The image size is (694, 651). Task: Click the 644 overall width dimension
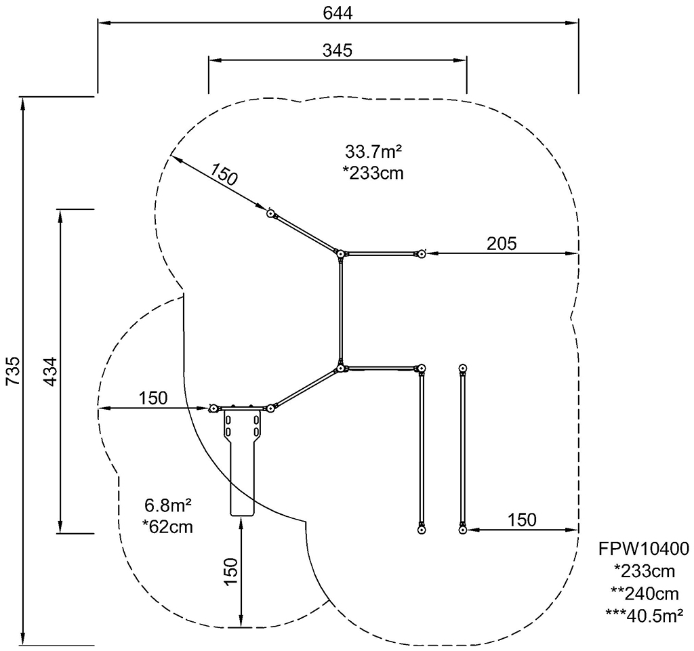coord(338,13)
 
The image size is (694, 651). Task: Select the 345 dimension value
coord(338,50)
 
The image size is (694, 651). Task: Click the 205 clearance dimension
coord(502,243)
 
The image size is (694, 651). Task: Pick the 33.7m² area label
coord(373,152)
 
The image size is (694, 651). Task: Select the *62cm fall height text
coord(168,527)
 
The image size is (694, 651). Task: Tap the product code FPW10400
coord(644,549)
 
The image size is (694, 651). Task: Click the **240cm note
coord(645,593)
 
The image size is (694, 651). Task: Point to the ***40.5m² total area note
coord(644,615)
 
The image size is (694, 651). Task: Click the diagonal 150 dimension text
coord(224,174)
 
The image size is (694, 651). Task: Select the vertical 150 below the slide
coord(230,572)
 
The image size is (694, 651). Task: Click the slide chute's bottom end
coord(242,515)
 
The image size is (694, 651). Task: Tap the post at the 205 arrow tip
coord(422,254)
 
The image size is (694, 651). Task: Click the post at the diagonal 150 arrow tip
coord(270,213)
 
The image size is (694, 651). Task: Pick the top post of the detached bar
coord(463,368)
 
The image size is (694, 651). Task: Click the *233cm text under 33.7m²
coord(373,173)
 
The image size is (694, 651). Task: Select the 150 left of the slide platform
coord(153,398)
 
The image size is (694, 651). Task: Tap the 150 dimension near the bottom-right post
coord(522,520)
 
